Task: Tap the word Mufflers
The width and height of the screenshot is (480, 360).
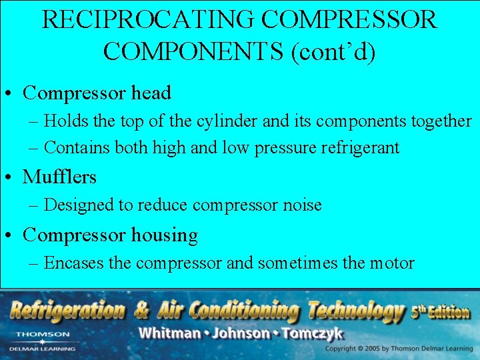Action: point(59,177)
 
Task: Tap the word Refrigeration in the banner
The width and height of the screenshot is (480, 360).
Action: point(67,310)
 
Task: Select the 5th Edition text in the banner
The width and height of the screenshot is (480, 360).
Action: point(441,310)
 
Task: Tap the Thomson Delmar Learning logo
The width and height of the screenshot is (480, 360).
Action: point(43,341)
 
